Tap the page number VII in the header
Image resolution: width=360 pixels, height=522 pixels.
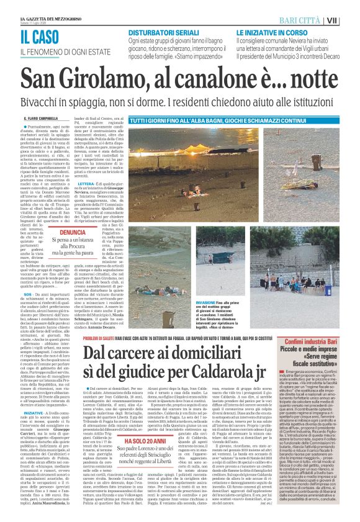click(x=350, y=20)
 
